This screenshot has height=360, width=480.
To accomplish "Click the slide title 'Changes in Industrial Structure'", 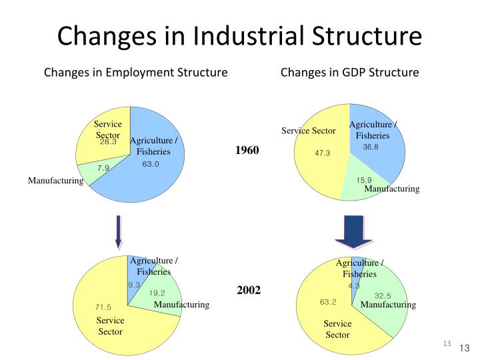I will (x=239, y=35).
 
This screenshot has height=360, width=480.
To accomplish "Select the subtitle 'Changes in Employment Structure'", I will (x=136, y=72).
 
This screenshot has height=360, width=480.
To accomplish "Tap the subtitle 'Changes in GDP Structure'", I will (x=350, y=72).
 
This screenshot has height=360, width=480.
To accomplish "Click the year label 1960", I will (x=246, y=150).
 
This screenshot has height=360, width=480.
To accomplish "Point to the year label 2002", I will (x=249, y=290).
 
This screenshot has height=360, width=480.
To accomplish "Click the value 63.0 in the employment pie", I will (x=151, y=164).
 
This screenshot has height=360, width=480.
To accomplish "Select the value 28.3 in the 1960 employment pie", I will (x=108, y=142).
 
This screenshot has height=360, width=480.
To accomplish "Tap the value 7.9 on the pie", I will (x=103, y=168).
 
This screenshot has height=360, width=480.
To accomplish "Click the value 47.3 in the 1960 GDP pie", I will (x=323, y=153).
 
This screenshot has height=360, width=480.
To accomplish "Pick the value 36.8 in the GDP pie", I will (x=371, y=147).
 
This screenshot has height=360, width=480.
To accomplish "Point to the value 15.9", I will (x=363, y=179).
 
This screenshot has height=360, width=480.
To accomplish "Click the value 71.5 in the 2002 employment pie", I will (x=103, y=307).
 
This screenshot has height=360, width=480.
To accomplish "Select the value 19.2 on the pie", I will (x=157, y=293).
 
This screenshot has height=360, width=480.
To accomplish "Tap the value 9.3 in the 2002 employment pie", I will (x=134, y=285).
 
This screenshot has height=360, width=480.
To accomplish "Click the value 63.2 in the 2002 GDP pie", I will (x=327, y=302).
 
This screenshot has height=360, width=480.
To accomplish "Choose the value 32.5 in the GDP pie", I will (x=382, y=295).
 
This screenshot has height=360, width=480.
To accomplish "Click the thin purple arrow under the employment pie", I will (x=119, y=231).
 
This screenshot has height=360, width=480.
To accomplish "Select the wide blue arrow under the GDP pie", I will (x=354, y=231).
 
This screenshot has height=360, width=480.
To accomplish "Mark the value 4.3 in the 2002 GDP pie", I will (x=353, y=285).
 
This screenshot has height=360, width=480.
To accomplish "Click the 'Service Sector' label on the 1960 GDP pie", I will (x=308, y=131).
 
